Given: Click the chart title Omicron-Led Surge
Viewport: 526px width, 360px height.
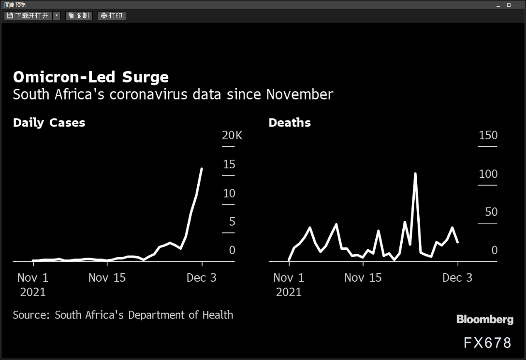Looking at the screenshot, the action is click(90, 77).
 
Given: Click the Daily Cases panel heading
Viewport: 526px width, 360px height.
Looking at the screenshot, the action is click(49, 123).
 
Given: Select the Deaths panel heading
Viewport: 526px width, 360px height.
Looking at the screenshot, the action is click(290, 123).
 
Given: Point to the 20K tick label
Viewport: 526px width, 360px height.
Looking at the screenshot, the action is click(232, 135).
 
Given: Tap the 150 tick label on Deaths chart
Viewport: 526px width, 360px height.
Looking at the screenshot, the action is click(488, 135).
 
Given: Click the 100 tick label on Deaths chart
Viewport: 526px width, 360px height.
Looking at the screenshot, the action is click(488, 174).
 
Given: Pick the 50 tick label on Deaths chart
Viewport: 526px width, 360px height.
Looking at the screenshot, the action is click(491, 212).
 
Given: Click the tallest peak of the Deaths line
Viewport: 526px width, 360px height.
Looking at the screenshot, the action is click(415, 173).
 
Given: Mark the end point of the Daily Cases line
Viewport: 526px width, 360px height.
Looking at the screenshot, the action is click(201, 169).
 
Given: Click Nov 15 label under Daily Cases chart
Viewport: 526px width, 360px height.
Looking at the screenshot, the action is click(107, 277).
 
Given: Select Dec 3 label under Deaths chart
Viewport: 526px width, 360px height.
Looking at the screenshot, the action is click(457, 277).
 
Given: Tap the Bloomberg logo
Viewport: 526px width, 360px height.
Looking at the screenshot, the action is click(485, 319).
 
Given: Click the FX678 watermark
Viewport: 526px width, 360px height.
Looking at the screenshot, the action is click(487, 343).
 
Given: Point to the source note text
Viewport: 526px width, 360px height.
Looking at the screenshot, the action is click(123, 315).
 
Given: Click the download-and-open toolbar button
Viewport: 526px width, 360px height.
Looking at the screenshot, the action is click(28, 16).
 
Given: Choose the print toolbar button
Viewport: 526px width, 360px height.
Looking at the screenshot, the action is click(112, 16).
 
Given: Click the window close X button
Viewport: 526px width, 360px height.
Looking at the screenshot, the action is click(519, 5).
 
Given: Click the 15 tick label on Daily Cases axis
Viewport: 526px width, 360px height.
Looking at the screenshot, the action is click(229, 164).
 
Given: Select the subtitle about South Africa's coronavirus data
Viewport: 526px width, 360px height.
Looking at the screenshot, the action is click(173, 95).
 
